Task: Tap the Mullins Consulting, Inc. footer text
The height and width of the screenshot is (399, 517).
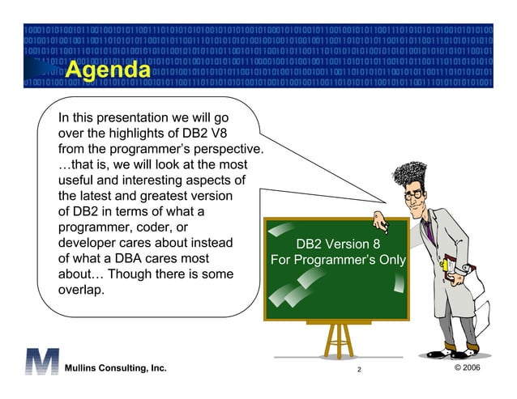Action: [x=116, y=369]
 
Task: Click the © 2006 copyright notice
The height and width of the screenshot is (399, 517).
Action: [x=473, y=369]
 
